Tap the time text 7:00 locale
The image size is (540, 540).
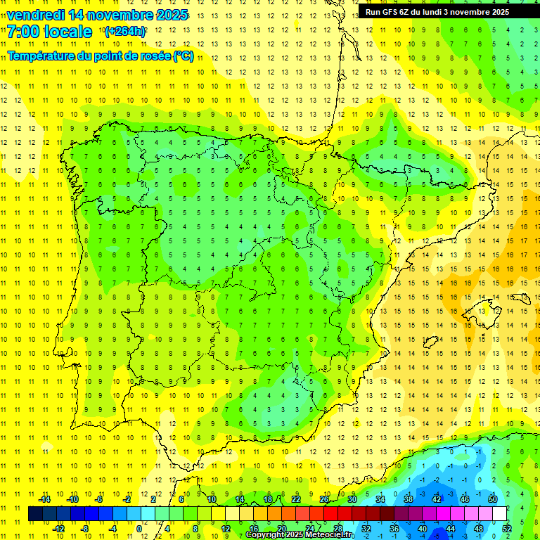click(x=49, y=32)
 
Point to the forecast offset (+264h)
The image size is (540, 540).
click(x=124, y=31)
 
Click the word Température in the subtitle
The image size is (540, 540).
click(x=41, y=56)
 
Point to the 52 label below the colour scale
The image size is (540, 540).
click(x=507, y=528)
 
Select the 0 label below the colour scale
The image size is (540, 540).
click(x=139, y=528)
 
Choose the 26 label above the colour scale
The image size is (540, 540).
click(x=324, y=499)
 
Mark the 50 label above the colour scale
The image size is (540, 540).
click(x=493, y=499)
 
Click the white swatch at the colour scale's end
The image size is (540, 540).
click(x=499, y=513)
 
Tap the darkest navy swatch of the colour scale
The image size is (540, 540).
click(x=35, y=513)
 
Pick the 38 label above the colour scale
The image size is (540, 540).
click(x=409, y=499)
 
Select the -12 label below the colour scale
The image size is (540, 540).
click(x=58, y=528)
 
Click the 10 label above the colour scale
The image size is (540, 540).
click(x=212, y=499)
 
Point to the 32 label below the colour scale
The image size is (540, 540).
click(x=366, y=528)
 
